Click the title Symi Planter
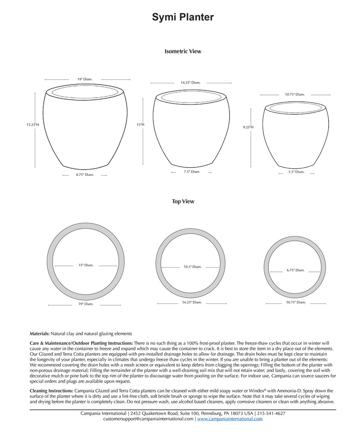coord(183,18)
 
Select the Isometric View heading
coord(183,51)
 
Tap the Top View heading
coord(183,202)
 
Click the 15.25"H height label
coord(33,124)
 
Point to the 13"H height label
coord(140,124)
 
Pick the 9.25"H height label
coord(248,127)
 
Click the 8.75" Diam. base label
coord(85,175)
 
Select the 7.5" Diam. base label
coord(192,171)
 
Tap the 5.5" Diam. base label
coord(297,171)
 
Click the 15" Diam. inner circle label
coord(85,265)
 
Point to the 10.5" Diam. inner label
coord(192,267)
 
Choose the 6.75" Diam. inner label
coord(296,270)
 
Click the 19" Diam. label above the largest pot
coord(85,79)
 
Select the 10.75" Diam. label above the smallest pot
coord(295,94)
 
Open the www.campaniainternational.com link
coord(229,419)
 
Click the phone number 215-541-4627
coord(271,413)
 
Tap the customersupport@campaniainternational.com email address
coord(148,419)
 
